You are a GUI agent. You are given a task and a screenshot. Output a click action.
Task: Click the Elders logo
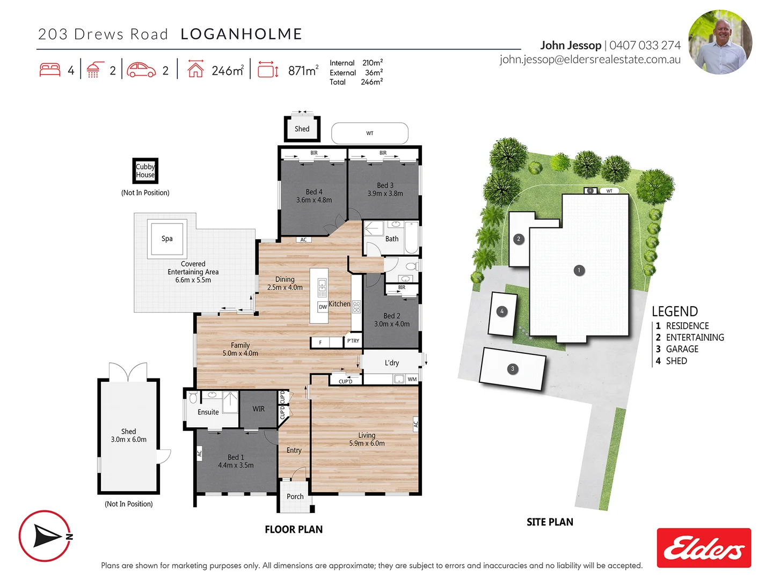704,548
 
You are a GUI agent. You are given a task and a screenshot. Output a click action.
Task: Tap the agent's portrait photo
720,42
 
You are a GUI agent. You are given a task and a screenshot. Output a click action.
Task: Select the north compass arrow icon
46,536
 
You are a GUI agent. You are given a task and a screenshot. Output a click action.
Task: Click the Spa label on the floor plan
167,239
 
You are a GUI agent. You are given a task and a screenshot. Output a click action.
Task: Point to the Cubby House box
145,171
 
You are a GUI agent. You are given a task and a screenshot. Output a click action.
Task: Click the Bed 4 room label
314,192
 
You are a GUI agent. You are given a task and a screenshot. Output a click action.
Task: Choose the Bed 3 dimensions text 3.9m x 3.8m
385,194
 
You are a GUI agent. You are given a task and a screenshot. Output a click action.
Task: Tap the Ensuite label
208,412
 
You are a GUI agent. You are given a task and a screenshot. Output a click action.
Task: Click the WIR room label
259,409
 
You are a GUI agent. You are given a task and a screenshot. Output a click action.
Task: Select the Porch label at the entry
295,496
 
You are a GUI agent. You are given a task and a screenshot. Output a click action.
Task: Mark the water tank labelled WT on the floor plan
370,133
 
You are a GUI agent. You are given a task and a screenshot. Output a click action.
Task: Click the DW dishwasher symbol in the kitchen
323,307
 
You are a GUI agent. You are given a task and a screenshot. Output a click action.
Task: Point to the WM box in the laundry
412,379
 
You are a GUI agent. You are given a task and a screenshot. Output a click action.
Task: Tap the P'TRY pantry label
353,341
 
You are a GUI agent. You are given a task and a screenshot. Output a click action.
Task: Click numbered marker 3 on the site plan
513,369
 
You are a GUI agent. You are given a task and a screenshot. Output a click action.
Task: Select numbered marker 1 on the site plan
579,270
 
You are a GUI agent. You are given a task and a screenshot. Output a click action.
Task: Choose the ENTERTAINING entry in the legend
695,337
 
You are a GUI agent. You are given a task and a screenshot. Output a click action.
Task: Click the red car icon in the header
141,70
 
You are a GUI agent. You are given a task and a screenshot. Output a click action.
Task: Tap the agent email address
590,60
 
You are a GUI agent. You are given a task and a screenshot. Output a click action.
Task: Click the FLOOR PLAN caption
294,530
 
